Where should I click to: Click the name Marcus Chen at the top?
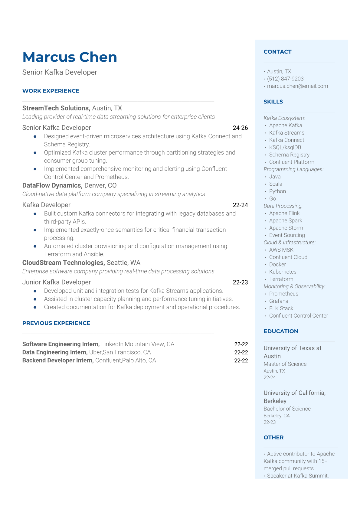point(70,57)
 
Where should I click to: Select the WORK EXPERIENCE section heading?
point(51,91)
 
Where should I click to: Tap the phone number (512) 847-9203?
point(285,79)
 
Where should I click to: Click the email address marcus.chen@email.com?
point(297,86)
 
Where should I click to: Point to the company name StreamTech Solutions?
point(56,108)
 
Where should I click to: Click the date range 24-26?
point(240,128)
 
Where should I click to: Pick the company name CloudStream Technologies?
point(64,263)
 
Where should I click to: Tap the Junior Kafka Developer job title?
point(57,282)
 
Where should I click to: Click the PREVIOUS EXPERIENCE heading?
point(56,323)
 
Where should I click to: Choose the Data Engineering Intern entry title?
point(55,352)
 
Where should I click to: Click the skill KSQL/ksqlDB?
point(285,147)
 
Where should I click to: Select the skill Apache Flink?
point(284,213)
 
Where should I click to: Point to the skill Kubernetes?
point(283,272)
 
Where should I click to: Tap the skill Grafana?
point(279,301)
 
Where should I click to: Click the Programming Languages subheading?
point(293,169)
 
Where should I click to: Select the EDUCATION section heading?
point(281,331)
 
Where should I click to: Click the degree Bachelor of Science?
point(287,409)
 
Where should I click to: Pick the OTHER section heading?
point(273,437)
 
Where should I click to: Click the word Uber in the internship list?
point(95,352)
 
